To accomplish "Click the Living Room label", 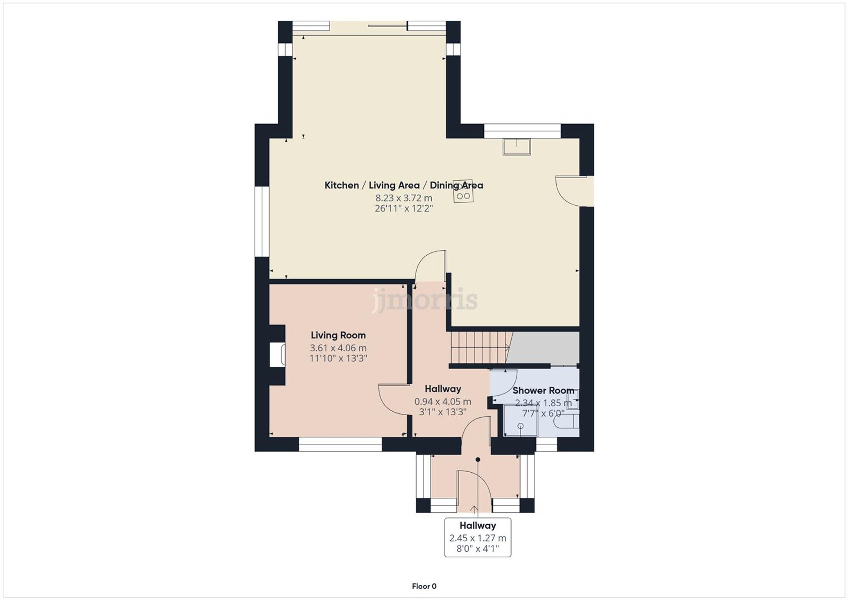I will pyautogui.click(x=338, y=335).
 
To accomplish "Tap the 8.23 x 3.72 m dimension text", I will pyautogui.click(x=404, y=198).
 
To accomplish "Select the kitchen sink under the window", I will pyautogui.click(x=516, y=147).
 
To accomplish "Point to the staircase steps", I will pyautogui.click(x=479, y=348).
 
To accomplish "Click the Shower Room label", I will pyautogui.click(x=543, y=391).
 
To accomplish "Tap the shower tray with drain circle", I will pyautogui.click(x=520, y=421).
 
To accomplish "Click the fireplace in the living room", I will pyautogui.click(x=278, y=354).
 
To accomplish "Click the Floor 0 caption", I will pyautogui.click(x=424, y=586).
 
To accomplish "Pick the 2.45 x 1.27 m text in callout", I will pyautogui.click(x=477, y=538).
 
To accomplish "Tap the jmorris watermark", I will pyautogui.click(x=425, y=299).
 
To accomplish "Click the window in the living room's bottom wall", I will pyautogui.click(x=340, y=444).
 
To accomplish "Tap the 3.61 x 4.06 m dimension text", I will pyautogui.click(x=338, y=348).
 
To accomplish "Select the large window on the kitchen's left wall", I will pyautogui.click(x=262, y=221).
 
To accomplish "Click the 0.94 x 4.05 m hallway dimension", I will pyautogui.click(x=443, y=402).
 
